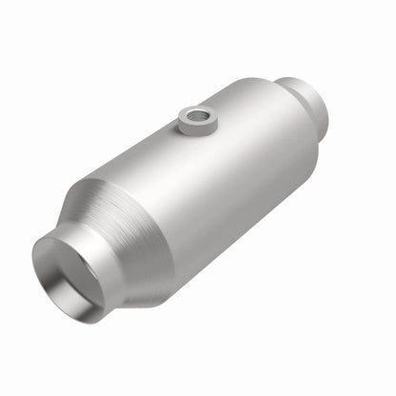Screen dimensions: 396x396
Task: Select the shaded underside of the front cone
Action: (x=143, y=286)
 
